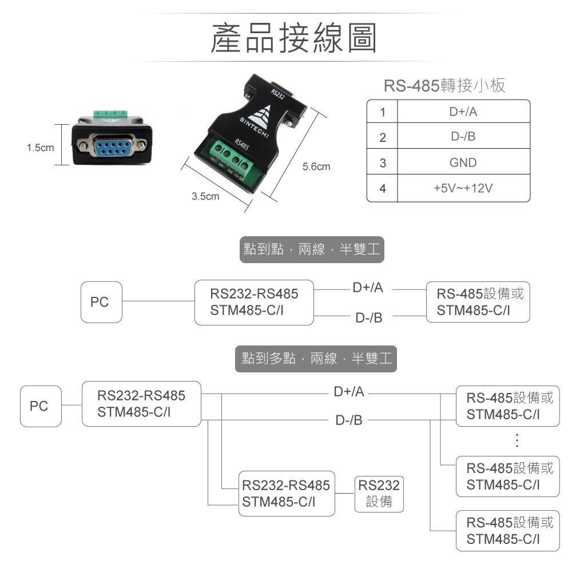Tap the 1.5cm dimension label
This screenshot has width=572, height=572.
pos(40,148)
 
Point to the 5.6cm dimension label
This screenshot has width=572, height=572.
pos(316,167)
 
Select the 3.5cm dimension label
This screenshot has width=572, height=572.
pos(205,197)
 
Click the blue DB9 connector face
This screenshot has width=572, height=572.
pos(112,146)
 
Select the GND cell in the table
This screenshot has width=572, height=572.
pos(463,163)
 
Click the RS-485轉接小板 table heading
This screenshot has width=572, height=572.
pos(444,86)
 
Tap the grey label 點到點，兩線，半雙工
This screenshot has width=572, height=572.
pos(311,250)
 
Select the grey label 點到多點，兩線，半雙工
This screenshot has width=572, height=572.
pos(316,359)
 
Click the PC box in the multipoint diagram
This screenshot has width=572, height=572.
pos(40,406)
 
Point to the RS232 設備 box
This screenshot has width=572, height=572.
pos(379,494)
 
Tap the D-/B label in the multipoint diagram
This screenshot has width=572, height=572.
pos(349,421)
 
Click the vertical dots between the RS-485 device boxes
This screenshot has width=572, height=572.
pos(517,440)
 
